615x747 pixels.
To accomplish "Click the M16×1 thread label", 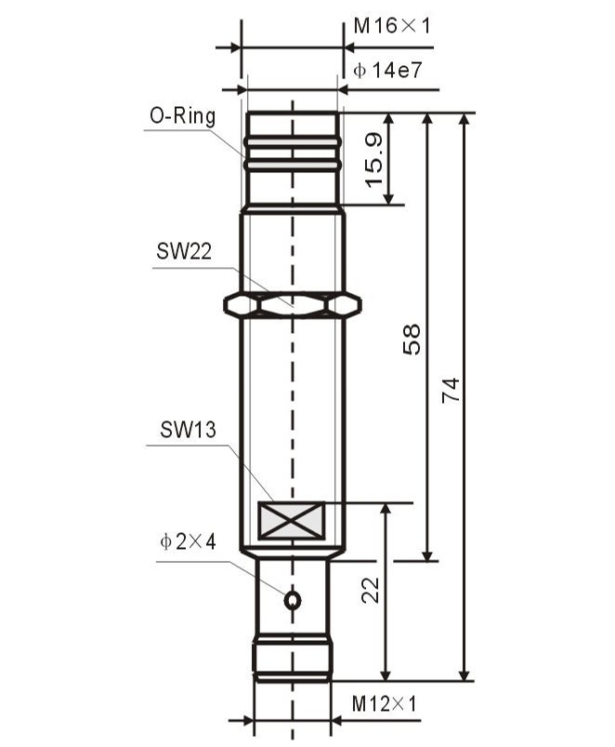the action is pyautogui.click(x=392, y=26).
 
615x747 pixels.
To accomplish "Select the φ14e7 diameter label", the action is pyautogui.click(x=387, y=71).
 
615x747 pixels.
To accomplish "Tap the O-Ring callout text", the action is pyautogui.click(x=183, y=115).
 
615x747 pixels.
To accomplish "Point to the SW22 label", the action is pyautogui.click(x=184, y=251).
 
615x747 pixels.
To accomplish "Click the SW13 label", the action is pyautogui.click(x=188, y=429).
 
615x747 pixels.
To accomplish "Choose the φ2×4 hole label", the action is pyautogui.click(x=189, y=541).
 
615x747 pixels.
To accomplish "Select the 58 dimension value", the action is pyautogui.click(x=412, y=340).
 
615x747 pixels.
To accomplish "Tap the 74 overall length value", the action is pyautogui.click(x=451, y=391).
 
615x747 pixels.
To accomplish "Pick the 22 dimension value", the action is pyautogui.click(x=371, y=591).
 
